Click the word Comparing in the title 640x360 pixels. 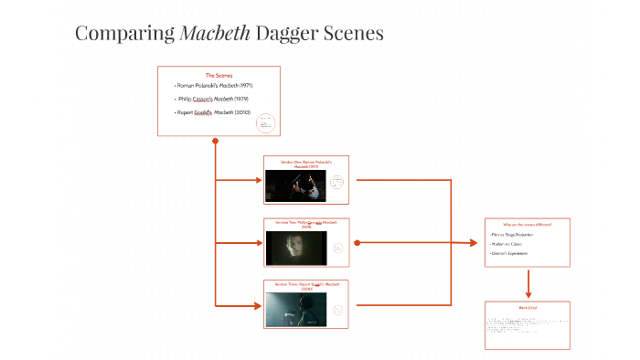[125, 33]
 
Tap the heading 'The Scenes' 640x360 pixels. [219, 75]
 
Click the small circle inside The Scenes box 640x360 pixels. [265, 123]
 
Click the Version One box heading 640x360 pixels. [306, 164]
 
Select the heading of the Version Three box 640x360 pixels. [306, 286]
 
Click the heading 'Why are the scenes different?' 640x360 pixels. [528, 224]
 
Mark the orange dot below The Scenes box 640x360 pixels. [215, 142]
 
